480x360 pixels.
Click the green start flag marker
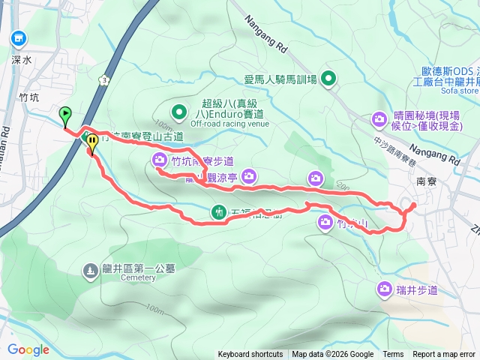click(65, 116)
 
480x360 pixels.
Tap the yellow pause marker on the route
click(92, 141)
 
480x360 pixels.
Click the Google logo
click(28, 349)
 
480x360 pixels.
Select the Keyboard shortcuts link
click(250, 355)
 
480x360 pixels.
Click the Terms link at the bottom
click(393, 355)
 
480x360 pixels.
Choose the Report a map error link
click(445, 355)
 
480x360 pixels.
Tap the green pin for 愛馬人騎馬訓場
click(328, 78)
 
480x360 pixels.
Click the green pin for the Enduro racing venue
click(179, 112)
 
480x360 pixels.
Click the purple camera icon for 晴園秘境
click(379, 118)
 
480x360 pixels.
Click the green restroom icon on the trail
click(218, 212)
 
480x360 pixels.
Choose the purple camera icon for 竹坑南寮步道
click(160, 159)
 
